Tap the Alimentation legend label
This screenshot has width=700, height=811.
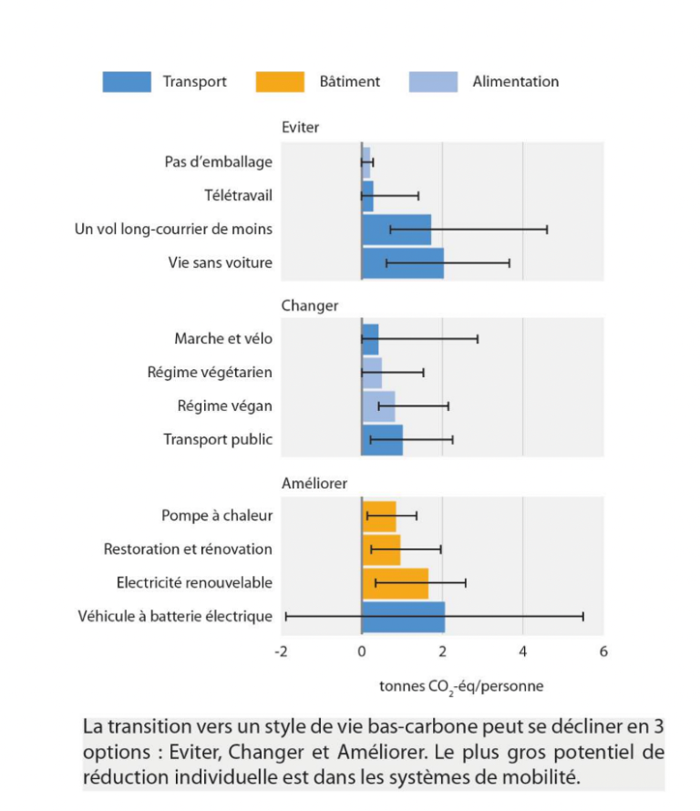point(515,82)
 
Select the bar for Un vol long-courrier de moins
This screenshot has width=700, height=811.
point(396,230)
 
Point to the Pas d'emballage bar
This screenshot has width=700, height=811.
point(365,162)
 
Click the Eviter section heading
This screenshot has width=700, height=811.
point(300,128)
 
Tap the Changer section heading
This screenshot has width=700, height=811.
point(309,305)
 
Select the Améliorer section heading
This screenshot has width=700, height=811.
point(314,483)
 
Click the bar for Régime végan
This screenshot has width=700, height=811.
point(378,406)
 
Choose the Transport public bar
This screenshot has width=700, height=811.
point(382,439)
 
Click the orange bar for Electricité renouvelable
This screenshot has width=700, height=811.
point(395,583)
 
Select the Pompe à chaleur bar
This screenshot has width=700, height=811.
point(378,516)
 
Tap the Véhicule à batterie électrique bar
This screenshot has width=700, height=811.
point(403,617)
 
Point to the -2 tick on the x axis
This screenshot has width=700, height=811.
point(282,652)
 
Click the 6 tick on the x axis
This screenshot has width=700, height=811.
point(602,652)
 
